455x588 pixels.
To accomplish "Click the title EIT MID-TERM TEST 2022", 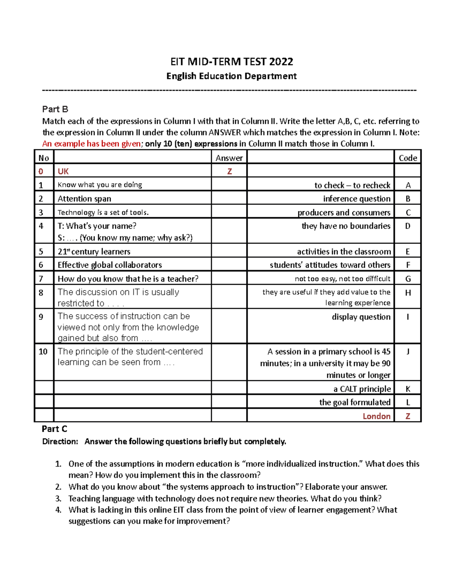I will point(231,61).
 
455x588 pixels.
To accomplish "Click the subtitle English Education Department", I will point(231,76).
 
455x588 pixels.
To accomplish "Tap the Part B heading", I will point(55,109).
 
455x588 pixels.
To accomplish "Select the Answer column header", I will point(229,158).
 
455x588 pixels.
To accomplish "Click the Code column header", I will point(408,158).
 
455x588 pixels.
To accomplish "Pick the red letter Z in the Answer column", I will point(229,172).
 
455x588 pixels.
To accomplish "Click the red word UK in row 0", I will point(63,172).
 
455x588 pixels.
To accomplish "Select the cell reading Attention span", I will point(84,199).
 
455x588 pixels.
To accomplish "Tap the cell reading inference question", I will point(356,199).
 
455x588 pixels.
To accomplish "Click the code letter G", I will point(408,279).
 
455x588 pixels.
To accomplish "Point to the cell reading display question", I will point(361,317).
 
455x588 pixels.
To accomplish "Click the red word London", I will point(376,416).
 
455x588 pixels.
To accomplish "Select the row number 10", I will point(43,352).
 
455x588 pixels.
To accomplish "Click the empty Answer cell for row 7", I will point(229,279).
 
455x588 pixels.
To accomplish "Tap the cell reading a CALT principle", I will point(362,389).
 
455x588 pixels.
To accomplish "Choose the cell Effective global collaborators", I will point(110,265).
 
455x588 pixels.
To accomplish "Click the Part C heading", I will point(54,429).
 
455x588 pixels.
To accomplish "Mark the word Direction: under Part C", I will point(60,441).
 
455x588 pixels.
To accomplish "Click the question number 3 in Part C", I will point(58,499).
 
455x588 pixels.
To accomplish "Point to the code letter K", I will point(408,389).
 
